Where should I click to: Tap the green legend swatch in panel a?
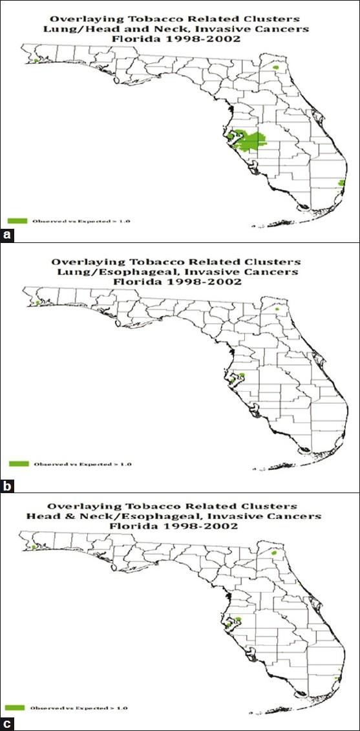click(19, 221)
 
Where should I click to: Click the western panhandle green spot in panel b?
click(37, 302)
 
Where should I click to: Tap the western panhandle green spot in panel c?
click(32, 547)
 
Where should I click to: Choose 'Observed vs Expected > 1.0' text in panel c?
click(77, 708)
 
